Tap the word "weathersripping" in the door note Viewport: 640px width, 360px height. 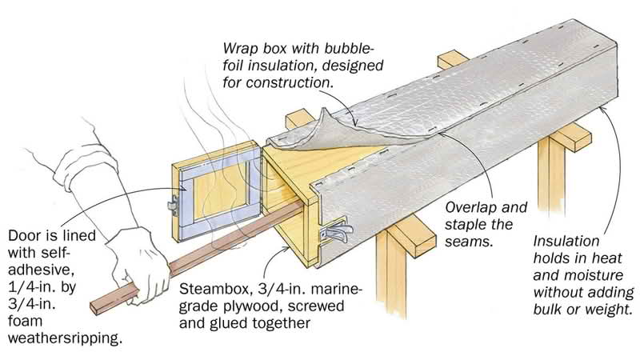pyautogui.click(x=65, y=338)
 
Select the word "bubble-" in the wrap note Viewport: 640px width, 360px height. pyautogui.click(x=350, y=48)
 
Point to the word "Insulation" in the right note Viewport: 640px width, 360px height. pyautogui.click(x=566, y=241)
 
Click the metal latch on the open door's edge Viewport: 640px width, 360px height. pyautogui.click(x=173, y=204)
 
